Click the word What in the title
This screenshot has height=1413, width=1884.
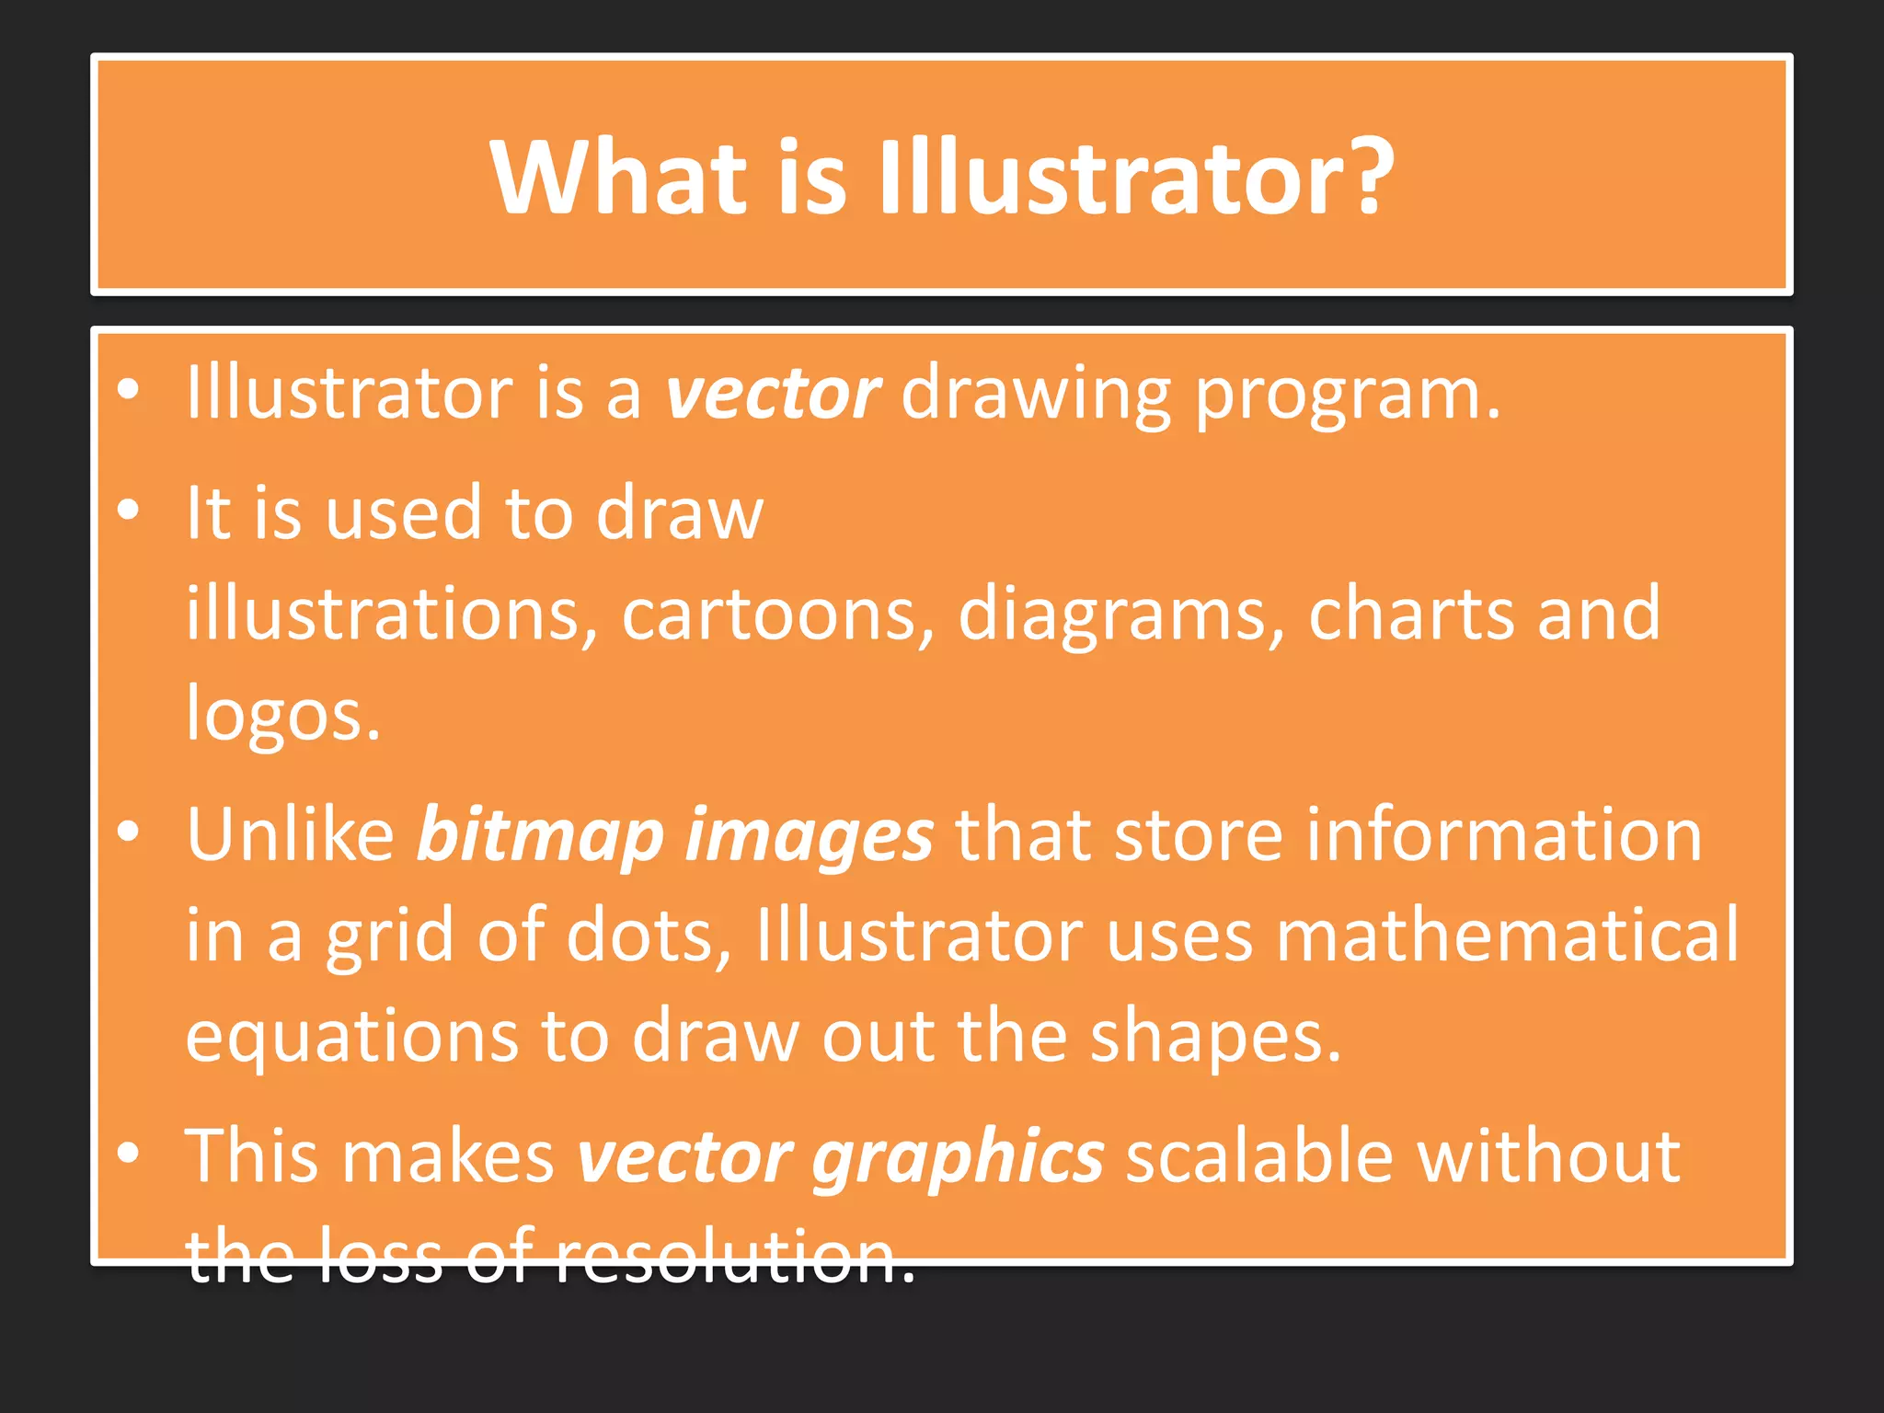tap(618, 177)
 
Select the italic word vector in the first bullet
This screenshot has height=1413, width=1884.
tap(773, 394)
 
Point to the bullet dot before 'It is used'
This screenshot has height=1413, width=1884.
tap(129, 509)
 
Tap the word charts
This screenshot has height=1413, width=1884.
tap(1411, 613)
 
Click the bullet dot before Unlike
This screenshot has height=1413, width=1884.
tap(129, 831)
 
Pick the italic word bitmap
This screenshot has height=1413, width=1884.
tap(540, 835)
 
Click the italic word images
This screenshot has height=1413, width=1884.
tap(810, 835)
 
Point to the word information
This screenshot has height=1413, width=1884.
tap(1504, 833)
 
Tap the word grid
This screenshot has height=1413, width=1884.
tap(390, 936)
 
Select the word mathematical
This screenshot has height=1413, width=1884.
tap(1507, 935)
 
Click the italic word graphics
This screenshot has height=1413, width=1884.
tap(958, 1157)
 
